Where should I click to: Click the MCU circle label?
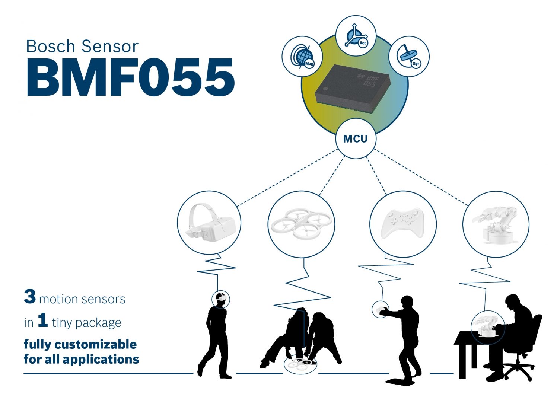pyautogui.click(x=355, y=139)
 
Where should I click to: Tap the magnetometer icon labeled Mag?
pyautogui.click(x=302, y=57)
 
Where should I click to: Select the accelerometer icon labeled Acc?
pyautogui.click(x=356, y=36)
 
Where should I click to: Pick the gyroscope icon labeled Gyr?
pyautogui.click(x=409, y=57)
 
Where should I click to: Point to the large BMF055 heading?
pyautogui.click(x=130, y=78)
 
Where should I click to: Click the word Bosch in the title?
pyautogui.click(x=51, y=47)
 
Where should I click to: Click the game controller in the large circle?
pyautogui.click(x=402, y=223)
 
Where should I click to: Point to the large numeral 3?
pyautogui.click(x=30, y=297)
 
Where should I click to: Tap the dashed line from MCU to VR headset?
pyautogui.click(x=287, y=178)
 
